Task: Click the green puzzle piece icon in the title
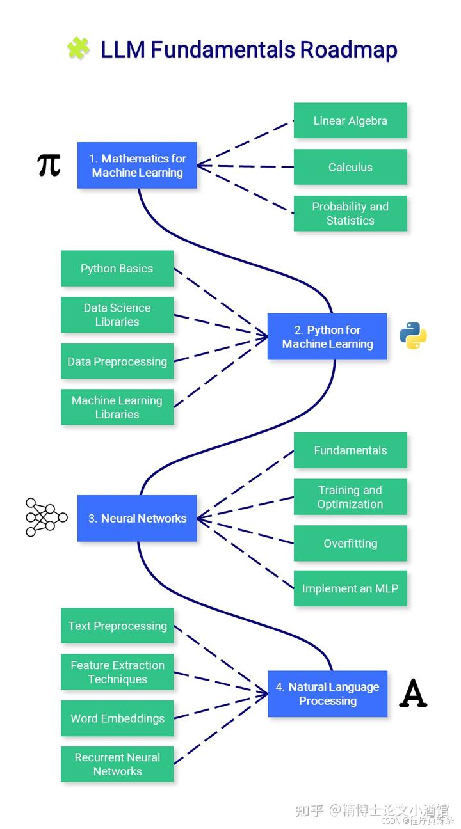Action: pyautogui.click(x=78, y=49)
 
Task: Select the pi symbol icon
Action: pyautogui.click(x=49, y=165)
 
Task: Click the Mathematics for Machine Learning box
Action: pyautogui.click(x=137, y=166)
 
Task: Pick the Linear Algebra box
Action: pyautogui.click(x=350, y=121)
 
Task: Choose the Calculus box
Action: pyautogui.click(x=350, y=168)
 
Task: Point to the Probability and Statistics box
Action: pyautogui.click(x=350, y=214)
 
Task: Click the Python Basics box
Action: pyautogui.click(x=117, y=269)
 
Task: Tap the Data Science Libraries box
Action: pyautogui.click(x=117, y=315)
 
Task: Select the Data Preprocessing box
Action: pyautogui.click(x=117, y=361)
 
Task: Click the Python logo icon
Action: pyautogui.click(x=413, y=336)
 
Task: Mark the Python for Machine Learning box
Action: pyautogui.click(x=327, y=337)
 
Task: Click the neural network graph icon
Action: pyautogui.click(x=46, y=517)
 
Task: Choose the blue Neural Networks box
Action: pyautogui.click(x=137, y=519)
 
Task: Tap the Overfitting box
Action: pyautogui.click(x=350, y=544)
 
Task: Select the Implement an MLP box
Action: pyautogui.click(x=350, y=588)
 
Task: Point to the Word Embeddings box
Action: pyautogui.click(x=117, y=718)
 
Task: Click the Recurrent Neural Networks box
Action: pyautogui.click(x=117, y=764)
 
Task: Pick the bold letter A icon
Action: pyautogui.click(x=413, y=693)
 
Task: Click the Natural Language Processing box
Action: pyautogui.click(x=327, y=694)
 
